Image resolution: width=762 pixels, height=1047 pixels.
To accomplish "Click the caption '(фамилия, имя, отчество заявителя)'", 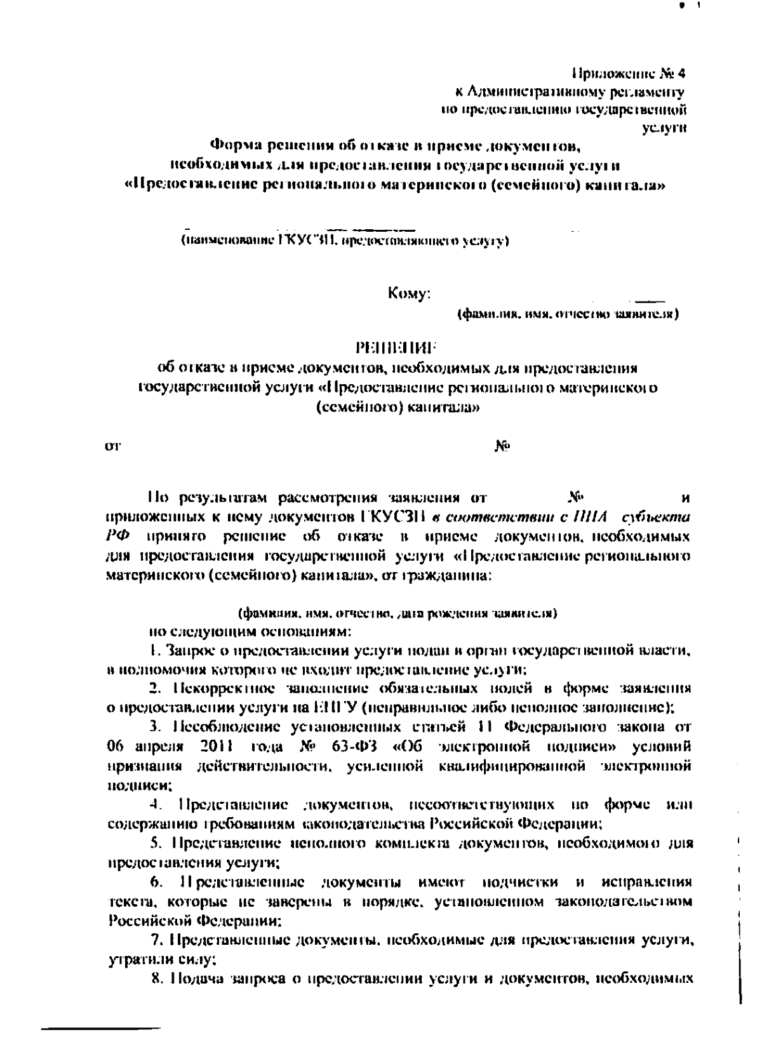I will click(568, 314).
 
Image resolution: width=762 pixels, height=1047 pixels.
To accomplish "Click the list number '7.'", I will click(159, 942).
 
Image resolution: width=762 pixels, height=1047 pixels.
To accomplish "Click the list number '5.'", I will click(156, 844).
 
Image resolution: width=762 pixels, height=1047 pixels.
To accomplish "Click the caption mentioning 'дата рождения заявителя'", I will click(398, 614).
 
